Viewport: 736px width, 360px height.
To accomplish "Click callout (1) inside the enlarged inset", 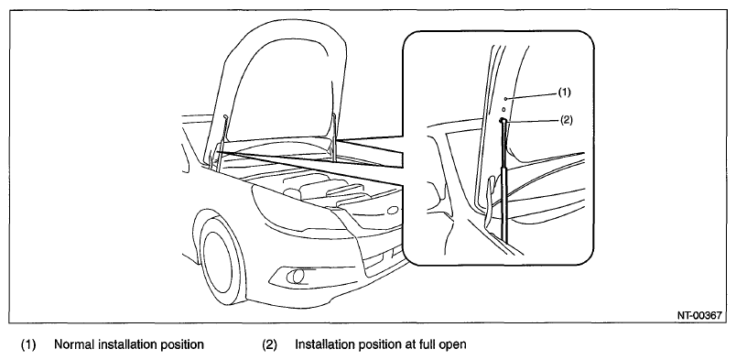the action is point(564,93).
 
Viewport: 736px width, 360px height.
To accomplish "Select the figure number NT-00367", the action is point(698,315).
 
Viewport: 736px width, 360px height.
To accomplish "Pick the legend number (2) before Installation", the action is point(269,345).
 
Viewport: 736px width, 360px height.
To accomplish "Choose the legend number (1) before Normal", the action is point(28,345).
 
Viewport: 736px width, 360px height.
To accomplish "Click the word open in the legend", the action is point(452,345).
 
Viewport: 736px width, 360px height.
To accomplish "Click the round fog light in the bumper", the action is point(294,278).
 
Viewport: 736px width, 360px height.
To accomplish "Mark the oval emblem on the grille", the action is point(394,210).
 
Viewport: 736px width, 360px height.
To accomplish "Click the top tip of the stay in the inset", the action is point(503,120).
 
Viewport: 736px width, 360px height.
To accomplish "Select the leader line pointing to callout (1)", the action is point(532,96).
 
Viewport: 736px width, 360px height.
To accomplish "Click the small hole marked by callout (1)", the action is point(505,99).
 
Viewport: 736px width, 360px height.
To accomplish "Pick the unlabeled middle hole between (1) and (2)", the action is point(503,109).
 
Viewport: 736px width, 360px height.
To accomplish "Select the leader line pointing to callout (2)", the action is point(532,121).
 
